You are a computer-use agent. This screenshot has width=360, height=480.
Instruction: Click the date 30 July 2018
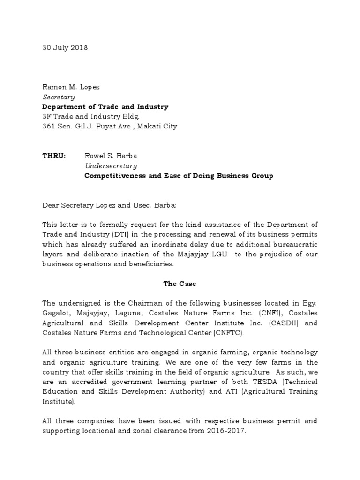(65, 48)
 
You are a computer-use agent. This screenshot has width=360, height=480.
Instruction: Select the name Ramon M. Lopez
(71, 87)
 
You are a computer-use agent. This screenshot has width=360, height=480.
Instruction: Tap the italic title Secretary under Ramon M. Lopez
(59, 97)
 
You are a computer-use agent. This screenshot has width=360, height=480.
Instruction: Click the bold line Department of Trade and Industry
(105, 107)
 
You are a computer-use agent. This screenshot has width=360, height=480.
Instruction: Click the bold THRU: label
(54, 156)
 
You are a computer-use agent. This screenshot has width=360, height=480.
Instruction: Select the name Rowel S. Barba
(111, 156)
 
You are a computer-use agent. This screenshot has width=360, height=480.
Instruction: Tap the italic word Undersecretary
(111, 165)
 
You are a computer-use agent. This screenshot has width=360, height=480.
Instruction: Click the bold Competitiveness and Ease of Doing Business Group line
(178, 176)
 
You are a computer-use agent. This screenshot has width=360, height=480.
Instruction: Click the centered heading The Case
(180, 284)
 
